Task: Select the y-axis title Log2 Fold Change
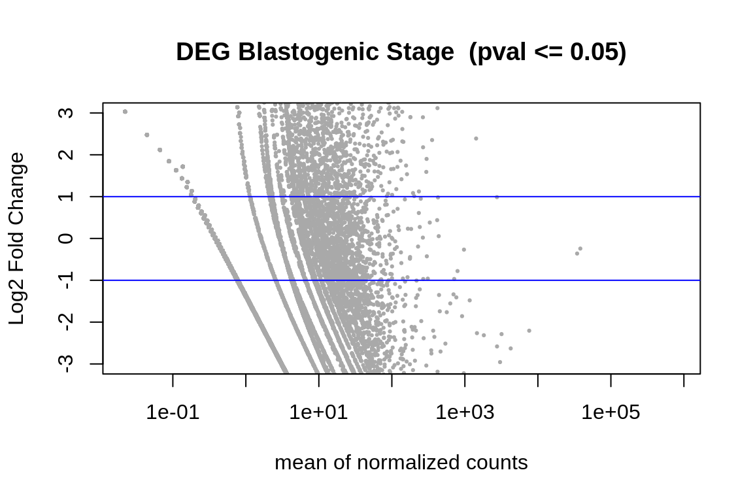[x=17, y=239]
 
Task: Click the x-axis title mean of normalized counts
[x=401, y=463]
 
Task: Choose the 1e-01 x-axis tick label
[x=173, y=412]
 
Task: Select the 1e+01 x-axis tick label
[x=318, y=412]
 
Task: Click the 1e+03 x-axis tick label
[x=464, y=412]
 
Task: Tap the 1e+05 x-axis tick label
[x=611, y=412]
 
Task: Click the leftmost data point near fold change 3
[x=125, y=112]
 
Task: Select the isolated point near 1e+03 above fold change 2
[x=476, y=139]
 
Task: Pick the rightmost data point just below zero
[x=580, y=248]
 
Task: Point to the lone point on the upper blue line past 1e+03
[x=497, y=197]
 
